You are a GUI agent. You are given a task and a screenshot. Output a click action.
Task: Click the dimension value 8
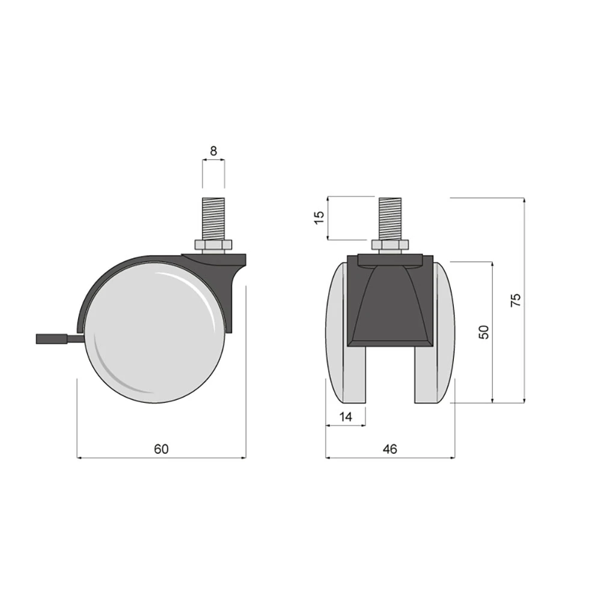[213, 151]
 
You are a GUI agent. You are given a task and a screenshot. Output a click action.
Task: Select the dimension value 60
[161, 449]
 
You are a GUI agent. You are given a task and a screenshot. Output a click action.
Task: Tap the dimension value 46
[390, 449]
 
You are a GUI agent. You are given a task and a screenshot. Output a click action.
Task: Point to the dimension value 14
[346, 416]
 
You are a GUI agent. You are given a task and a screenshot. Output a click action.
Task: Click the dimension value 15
[319, 218]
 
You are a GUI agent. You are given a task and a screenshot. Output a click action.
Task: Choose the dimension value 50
[484, 332]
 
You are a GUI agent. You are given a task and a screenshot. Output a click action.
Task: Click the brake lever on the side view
[59, 339]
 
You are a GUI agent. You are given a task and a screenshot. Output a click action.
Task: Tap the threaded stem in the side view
[213, 219]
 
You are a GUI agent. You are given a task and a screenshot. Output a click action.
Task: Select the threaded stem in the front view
[390, 219]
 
